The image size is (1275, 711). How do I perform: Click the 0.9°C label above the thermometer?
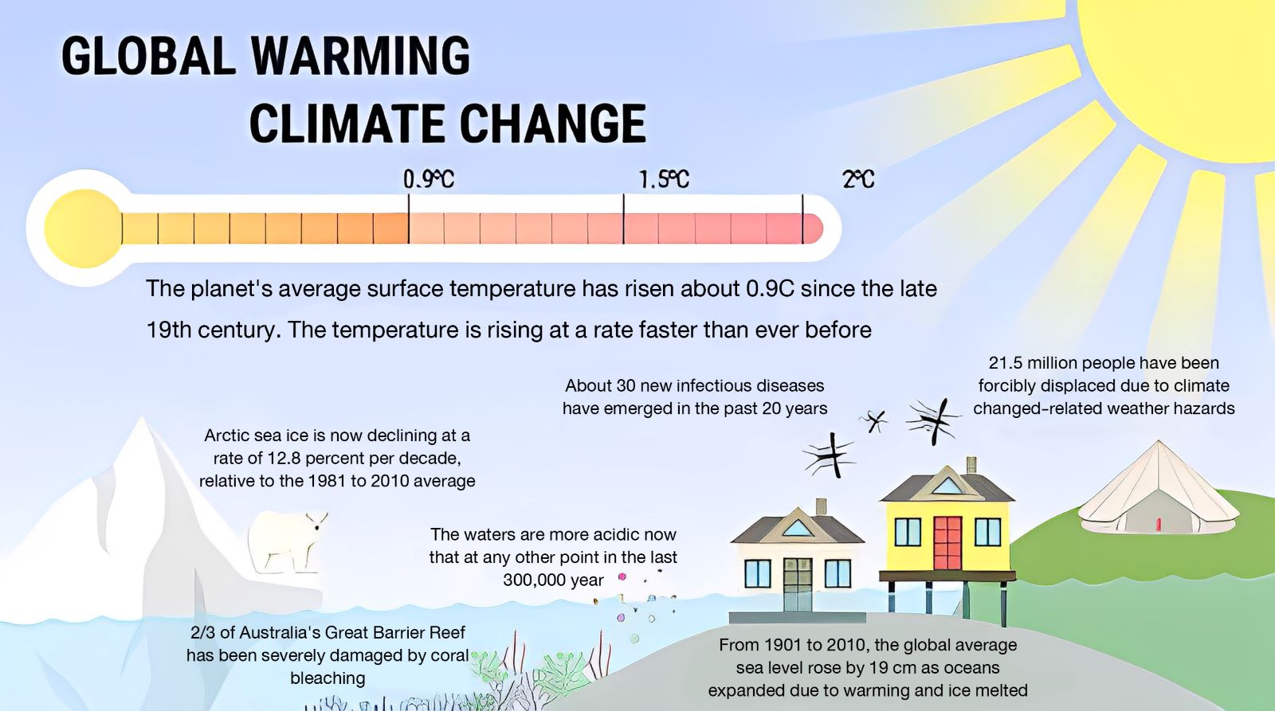pos(429,179)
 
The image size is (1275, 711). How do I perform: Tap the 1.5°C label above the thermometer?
pos(664,179)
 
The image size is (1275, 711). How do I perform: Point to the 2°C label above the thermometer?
pos(858,179)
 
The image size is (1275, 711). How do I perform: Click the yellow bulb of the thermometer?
pos(83,228)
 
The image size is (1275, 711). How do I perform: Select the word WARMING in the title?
pos(359,55)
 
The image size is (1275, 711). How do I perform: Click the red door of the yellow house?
pos(947,543)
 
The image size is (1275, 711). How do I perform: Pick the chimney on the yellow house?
pos(971,465)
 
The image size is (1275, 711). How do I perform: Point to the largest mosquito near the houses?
pos(933,421)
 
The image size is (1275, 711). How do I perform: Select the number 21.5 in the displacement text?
pos(1005,363)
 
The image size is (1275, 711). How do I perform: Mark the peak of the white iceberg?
pos(141,417)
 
